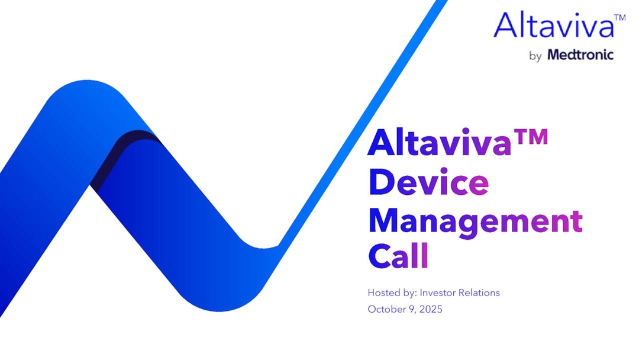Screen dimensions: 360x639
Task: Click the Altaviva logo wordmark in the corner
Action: point(553,25)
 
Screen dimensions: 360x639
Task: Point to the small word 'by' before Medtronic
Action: point(535,57)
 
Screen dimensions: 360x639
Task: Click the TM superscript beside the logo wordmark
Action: point(619,18)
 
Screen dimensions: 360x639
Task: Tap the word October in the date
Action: point(385,309)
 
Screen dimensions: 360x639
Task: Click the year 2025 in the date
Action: point(430,309)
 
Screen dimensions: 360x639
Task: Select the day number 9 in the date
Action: point(410,309)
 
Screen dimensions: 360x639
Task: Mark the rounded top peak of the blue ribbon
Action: point(89,89)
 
